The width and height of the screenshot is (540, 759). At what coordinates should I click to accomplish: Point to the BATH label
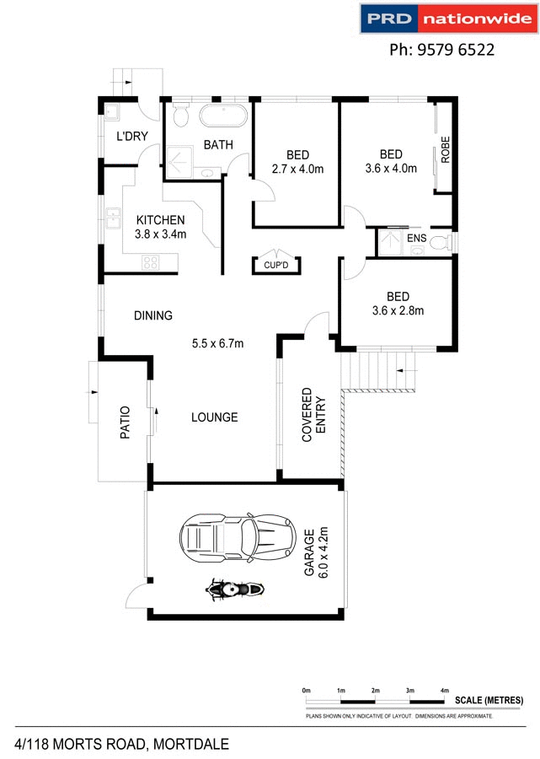[218, 145]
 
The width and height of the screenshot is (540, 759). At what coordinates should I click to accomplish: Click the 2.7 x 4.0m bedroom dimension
[297, 169]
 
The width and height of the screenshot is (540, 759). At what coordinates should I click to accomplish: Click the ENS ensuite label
[416, 239]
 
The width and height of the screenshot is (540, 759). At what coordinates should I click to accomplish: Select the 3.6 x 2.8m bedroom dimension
[398, 310]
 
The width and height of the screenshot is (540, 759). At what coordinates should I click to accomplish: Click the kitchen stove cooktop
[150, 261]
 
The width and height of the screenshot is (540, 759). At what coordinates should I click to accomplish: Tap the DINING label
[152, 315]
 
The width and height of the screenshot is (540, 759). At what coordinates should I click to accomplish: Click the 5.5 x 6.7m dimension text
[217, 343]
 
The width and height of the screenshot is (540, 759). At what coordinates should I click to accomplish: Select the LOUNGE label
[214, 417]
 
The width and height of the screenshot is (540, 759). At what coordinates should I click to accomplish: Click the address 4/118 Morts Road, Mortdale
[121, 744]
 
